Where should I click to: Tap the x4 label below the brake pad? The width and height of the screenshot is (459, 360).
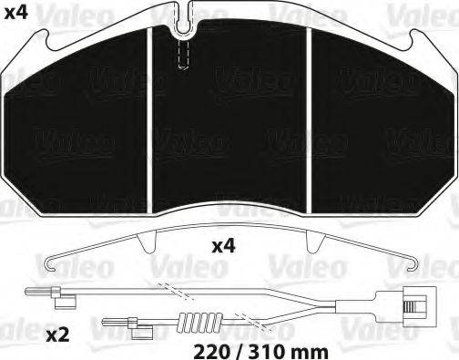point(223,246)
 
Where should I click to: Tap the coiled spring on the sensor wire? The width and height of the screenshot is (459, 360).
point(200,322)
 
